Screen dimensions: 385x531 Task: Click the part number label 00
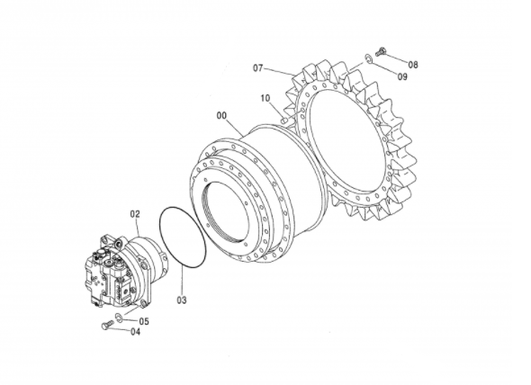click(x=221, y=115)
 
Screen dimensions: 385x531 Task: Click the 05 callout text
click(x=144, y=319)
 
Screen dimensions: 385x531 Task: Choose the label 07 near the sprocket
click(x=258, y=68)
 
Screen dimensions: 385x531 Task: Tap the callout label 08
click(x=413, y=65)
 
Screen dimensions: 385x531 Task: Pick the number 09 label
click(x=402, y=76)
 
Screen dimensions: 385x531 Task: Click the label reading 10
click(x=265, y=97)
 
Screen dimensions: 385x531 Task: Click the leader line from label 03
click(x=179, y=281)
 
